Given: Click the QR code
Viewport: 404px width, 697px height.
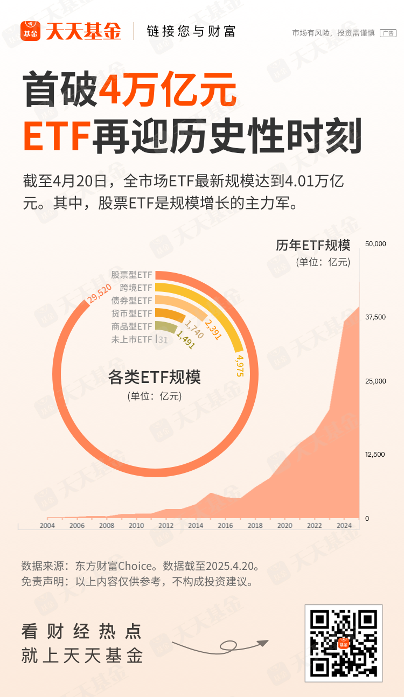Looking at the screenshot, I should pyautogui.click(x=344, y=643).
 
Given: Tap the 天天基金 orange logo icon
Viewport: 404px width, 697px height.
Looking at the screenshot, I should pyautogui.click(x=31, y=31).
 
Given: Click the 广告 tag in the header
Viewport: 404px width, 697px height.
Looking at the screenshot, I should pyautogui.click(x=388, y=33).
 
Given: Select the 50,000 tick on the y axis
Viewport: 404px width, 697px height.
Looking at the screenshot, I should pyautogui.click(x=375, y=244).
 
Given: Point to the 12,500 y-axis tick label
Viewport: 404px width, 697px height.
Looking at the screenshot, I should pyautogui.click(x=375, y=455).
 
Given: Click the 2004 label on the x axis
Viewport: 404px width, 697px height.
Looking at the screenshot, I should pyautogui.click(x=47, y=526).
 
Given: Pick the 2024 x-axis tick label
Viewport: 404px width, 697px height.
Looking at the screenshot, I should pyautogui.click(x=344, y=526).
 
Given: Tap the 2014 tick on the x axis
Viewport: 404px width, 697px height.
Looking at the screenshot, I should pyautogui.click(x=196, y=526).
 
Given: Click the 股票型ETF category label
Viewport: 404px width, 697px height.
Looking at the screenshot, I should pyautogui.click(x=131, y=275).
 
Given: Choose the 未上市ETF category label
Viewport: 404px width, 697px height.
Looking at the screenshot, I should pyautogui.click(x=131, y=340).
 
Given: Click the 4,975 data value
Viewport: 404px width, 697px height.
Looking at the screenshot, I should pyautogui.click(x=240, y=365).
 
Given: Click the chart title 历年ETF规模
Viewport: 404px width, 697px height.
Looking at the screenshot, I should pyautogui.click(x=313, y=246).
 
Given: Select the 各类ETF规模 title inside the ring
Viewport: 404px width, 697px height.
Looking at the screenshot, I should pyautogui.click(x=154, y=377).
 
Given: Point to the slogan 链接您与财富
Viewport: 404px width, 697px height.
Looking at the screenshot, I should pyautogui.click(x=191, y=31).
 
